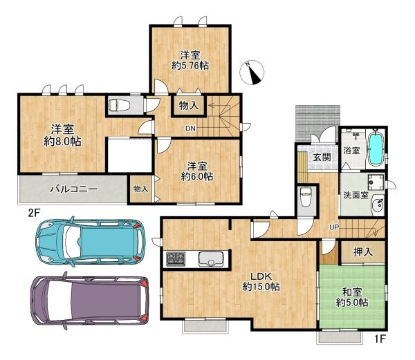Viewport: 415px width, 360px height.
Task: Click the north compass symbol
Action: [x=252, y=72]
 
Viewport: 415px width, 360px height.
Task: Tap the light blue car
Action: [x=91, y=241]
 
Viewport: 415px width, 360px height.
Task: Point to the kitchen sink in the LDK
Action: [x=211, y=259]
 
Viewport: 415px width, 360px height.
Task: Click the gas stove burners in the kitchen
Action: [x=176, y=258]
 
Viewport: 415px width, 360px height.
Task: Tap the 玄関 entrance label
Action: [x=322, y=158]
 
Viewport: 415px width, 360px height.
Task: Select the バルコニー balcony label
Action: [x=74, y=189]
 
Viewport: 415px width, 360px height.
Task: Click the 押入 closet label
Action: [x=363, y=252]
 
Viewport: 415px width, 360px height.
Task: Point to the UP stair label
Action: [x=334, y=227]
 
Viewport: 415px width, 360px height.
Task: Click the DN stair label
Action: [x=190, y=129]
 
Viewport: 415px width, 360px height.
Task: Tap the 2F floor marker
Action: [x=34, y=213]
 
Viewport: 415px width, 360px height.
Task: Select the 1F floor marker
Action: [x=379, y=339]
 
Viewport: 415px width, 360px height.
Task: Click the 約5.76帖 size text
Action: [x=190, y=66]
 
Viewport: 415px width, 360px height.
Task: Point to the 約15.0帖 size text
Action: [x=261, y=287]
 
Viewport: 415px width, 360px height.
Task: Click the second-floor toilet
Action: [x=119, y=105]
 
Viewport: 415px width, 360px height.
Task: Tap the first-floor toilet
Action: [x=306, y=197]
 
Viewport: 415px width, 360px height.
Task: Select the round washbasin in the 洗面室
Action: [x=378, y=205]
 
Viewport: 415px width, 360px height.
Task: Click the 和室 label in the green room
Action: [x=352, y=293]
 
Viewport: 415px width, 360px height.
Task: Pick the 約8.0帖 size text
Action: [x=62, y=142]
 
